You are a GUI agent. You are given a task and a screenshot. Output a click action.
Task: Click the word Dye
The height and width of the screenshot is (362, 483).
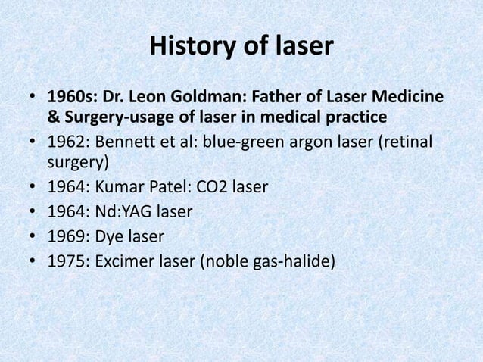111,238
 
